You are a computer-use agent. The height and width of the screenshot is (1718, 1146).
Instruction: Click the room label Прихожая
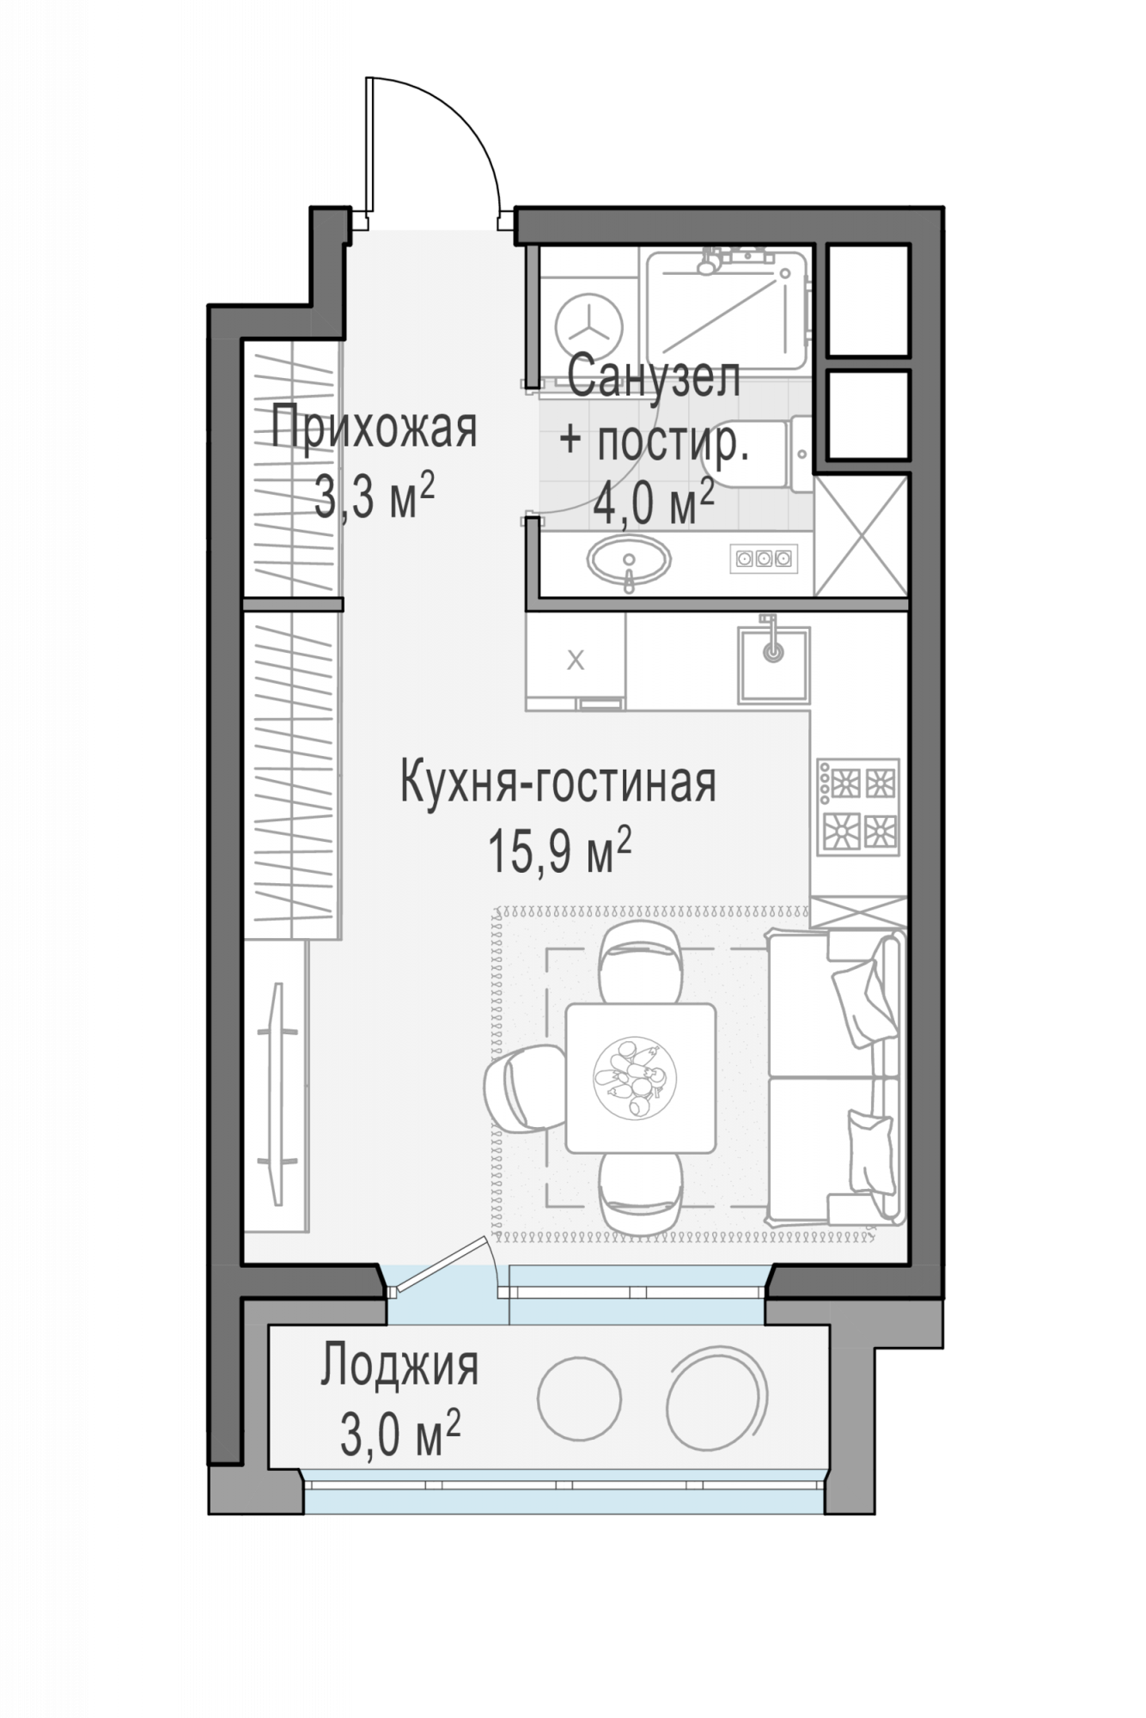374,429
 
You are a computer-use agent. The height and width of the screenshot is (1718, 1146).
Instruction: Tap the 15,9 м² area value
560,850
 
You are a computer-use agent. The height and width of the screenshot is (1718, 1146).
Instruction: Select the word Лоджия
399,1367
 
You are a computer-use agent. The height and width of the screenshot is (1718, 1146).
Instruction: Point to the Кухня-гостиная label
558,783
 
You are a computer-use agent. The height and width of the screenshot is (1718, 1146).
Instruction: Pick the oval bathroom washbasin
629,562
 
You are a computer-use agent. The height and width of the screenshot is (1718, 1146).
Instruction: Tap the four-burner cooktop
858,807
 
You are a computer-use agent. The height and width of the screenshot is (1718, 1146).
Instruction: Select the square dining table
641,1078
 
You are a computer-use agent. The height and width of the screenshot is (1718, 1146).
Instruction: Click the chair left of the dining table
522,1087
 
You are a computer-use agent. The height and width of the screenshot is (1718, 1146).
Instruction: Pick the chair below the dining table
641,1193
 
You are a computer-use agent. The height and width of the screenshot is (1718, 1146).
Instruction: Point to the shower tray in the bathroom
727,313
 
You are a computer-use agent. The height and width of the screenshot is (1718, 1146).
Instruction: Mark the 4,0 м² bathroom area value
654,503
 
